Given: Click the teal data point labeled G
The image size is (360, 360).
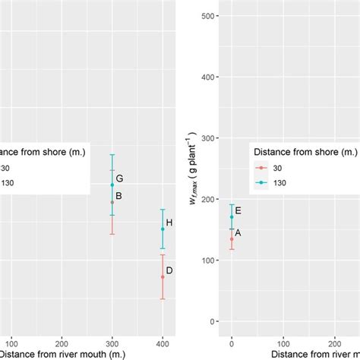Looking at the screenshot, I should tap(112, 185).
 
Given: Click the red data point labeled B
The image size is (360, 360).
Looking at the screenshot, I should tap(112, 202).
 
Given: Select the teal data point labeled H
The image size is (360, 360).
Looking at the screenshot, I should tap(163, 229).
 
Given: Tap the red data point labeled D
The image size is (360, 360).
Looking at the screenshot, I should tap(163, 276).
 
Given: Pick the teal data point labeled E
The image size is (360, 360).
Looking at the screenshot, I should tap(232, 217).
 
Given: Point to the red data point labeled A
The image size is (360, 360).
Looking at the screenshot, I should tap(232, 238).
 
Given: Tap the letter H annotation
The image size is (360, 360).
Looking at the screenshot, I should tap(169, 223).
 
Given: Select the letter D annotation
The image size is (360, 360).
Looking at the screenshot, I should tap(169, 270).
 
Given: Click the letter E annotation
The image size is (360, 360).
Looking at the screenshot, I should tap(238, 211).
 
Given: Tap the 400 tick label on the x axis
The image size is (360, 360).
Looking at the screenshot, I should tap(163, 341).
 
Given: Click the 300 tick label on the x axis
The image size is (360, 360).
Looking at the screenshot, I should tap(112, 341).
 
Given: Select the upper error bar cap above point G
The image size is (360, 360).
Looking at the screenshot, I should tap(112, 155).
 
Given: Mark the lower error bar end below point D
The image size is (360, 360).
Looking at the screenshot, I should tap(163, 299).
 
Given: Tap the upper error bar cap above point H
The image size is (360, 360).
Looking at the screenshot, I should tap(163, 210).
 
